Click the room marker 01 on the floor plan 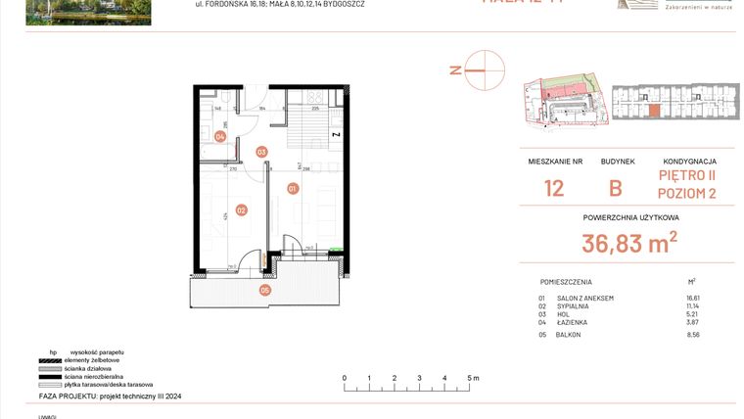pos(292,186)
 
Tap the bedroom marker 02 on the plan pos(240,209)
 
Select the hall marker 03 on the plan pos(261,152)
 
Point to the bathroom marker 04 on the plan pos(220,137)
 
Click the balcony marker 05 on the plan pos(264,290)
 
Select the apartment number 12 pos(554,188)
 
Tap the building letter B pos(617,188)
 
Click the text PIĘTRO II pos(687,176)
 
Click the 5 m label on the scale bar pos(472,377)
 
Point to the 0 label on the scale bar pos(344,377)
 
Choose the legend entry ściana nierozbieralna pos(102,375)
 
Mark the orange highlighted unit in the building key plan pos(653,111)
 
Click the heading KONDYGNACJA pos(689,162)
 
